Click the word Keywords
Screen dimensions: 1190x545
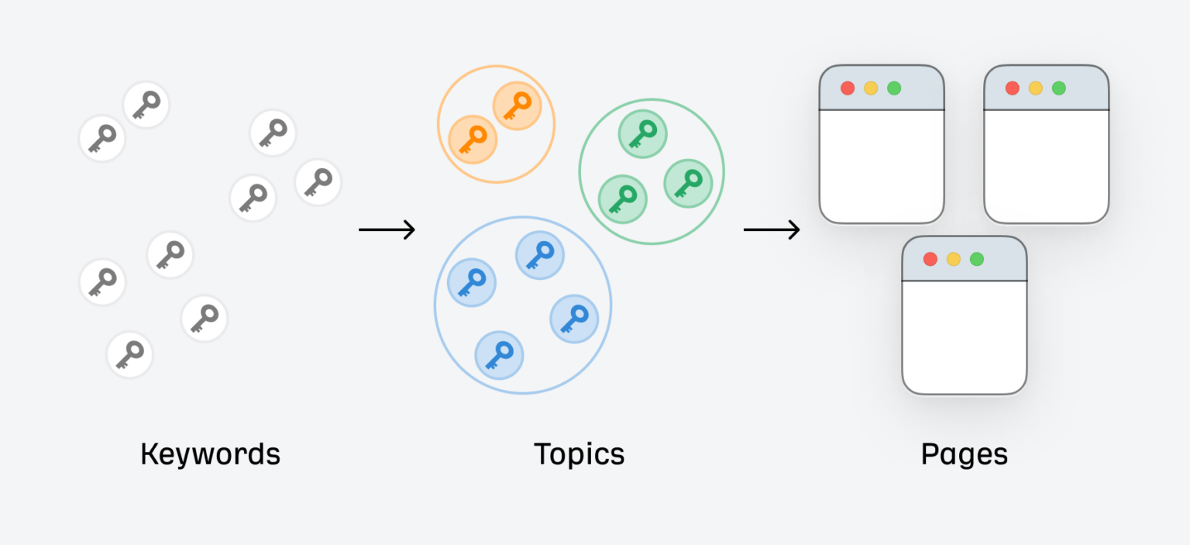tap(211, 454)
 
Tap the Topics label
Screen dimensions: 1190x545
tap(579, 455)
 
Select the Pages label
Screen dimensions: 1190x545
tap(965, 455)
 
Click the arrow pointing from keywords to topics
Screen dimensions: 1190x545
tap(387, 229)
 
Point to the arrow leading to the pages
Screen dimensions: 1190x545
tap(772, 229)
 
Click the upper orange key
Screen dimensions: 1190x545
tap(517, 105)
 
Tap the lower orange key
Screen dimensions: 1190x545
tap(473, 140)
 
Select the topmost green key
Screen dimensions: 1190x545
tap(643, 134)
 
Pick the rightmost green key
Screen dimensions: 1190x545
tap(688, 184)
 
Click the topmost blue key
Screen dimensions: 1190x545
tap(540, 255)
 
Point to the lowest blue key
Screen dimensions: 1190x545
tap(499, 355)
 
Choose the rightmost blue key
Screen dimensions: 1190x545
tap(574, 319)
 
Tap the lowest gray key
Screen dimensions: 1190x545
tap(129, 354)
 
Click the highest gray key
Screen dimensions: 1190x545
tap(146, 105)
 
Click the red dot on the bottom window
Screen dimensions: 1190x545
tap(930, 259)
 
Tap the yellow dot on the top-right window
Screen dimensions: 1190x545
tap(1035, 88)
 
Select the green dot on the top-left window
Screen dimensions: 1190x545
tap(894, 88)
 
